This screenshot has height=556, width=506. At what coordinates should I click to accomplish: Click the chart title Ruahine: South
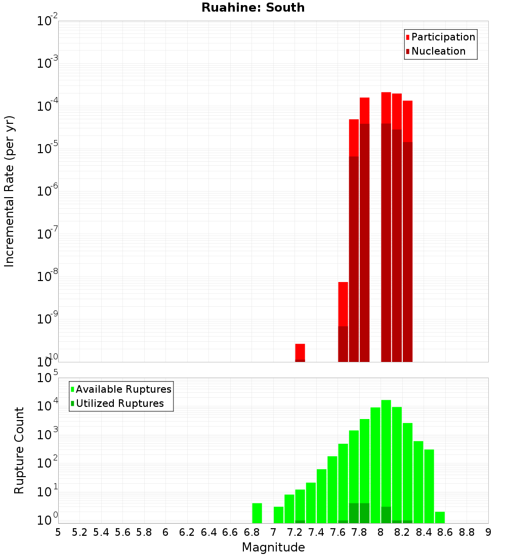[253, 8]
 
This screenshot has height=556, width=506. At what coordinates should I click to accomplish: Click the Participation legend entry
[443, 37]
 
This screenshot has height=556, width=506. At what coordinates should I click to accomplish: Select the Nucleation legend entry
[438, 51]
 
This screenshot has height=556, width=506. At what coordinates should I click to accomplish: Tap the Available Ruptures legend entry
[123, 389]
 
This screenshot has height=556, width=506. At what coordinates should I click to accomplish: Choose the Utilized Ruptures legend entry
[119, 403]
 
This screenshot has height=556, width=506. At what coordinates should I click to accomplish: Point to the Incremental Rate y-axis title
[10, 191]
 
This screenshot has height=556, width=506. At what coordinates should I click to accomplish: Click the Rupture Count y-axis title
[19, 450]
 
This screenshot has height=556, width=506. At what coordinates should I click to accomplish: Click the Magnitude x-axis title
[273, 547]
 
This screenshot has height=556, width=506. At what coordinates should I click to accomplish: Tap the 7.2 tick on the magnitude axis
[294, 532]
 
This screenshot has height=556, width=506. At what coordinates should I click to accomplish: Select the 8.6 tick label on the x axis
[445, 532]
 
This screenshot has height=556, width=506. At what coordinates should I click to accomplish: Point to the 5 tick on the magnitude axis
[58, 532]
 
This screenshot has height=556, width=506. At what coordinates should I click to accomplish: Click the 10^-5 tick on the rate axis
[47, 149]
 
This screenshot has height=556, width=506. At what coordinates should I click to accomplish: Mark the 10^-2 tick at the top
[47, 21]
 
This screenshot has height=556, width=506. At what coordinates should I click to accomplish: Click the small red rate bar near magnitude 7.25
[300, 352]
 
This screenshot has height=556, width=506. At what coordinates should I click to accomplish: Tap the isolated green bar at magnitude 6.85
[257, 513]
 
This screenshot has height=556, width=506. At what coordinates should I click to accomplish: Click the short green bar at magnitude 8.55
[440, 517]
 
